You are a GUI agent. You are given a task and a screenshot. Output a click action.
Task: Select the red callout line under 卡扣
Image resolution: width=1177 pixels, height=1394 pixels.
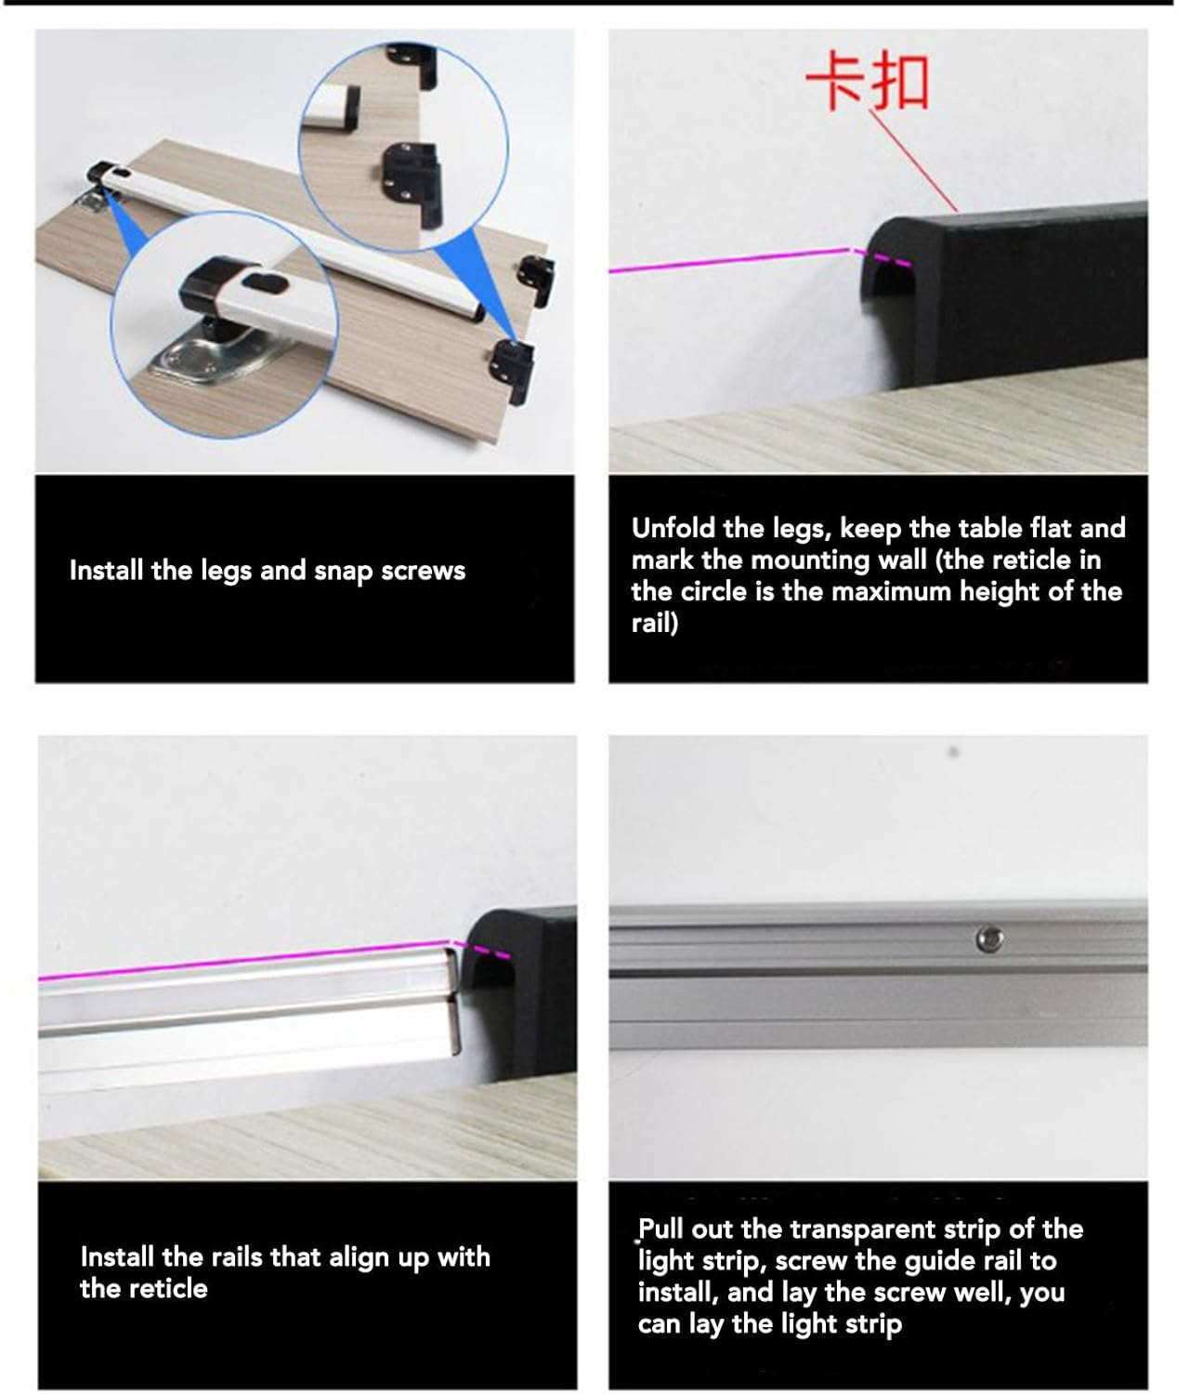click(915, 162)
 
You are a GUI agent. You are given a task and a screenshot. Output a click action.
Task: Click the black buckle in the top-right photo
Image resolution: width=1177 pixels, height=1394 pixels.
click(1003, 288)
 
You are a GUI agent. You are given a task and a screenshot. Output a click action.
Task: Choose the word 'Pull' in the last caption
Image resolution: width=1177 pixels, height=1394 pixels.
click(660, 1230)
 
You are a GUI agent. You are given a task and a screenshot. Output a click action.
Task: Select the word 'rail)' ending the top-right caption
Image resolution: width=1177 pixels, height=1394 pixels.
click(655, 623)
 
